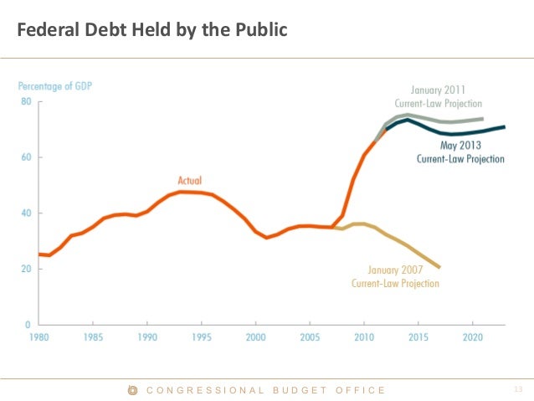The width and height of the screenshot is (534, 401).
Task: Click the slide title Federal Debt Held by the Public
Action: [152, 31]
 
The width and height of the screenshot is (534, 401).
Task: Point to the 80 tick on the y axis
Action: [26, 102]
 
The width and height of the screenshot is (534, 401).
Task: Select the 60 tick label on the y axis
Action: [26, 157]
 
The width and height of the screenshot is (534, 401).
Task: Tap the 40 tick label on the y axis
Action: [26, 213]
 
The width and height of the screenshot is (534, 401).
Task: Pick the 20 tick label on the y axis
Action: [26, 269]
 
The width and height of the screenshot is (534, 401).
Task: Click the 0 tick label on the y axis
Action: [28, 325]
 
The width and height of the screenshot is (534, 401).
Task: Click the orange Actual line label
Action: [190, 180]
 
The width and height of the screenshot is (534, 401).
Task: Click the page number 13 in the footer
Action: [516, 390]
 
